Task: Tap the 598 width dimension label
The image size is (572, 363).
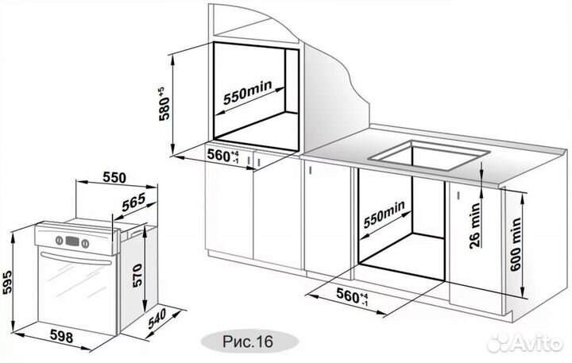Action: coord(60,337)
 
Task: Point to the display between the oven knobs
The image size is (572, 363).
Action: coord(71,238)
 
